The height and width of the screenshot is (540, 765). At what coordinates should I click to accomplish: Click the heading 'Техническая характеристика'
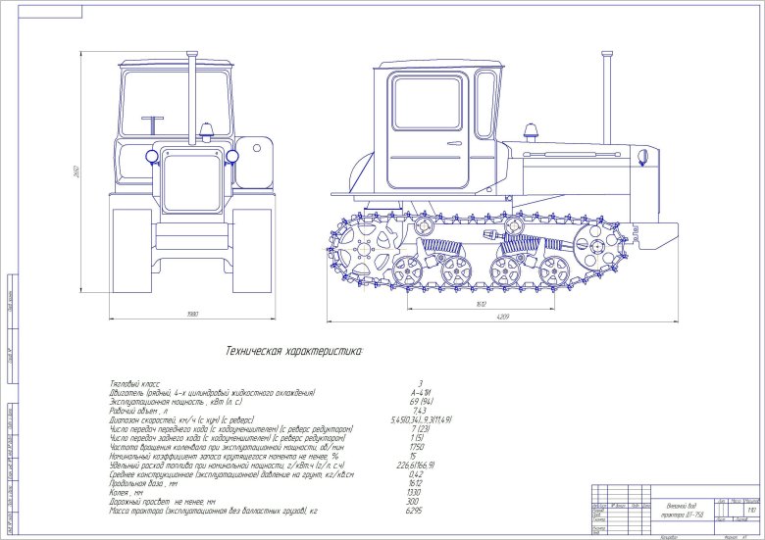[x=294, y=350]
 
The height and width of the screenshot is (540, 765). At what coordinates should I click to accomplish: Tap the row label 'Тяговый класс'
[x=133, y=383]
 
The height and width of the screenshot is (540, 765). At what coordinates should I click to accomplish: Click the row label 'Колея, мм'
[x=126, y=493]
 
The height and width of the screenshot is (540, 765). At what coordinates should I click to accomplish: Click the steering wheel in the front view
[x=153, y=125]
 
